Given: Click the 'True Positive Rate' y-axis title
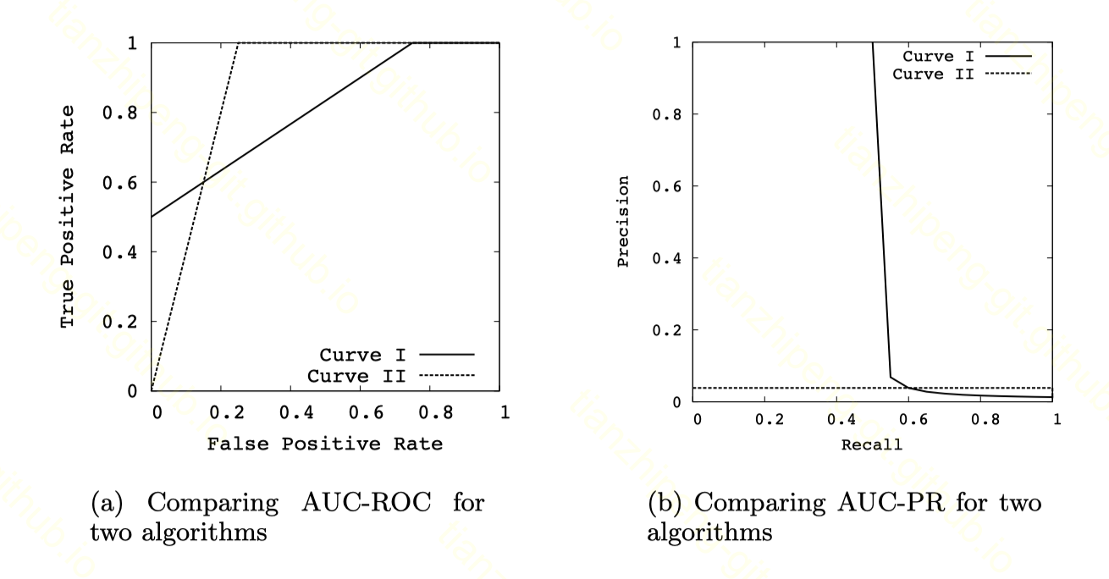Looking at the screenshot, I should (x=69, y=217).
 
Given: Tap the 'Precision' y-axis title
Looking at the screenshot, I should (x=624, y=222).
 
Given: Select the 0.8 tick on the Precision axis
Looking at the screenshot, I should (x=666, y=114).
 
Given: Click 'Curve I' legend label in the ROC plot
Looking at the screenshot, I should (x=350, y=356).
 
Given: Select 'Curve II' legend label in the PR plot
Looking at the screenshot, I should (x=928, y=74).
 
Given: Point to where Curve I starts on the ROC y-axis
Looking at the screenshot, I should (x=152, y=217).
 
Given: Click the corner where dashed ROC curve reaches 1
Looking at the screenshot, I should (x=238, y=43).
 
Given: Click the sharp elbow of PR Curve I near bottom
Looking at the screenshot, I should (x=890, y=376).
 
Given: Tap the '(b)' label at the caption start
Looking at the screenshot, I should (x=663, y=503).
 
